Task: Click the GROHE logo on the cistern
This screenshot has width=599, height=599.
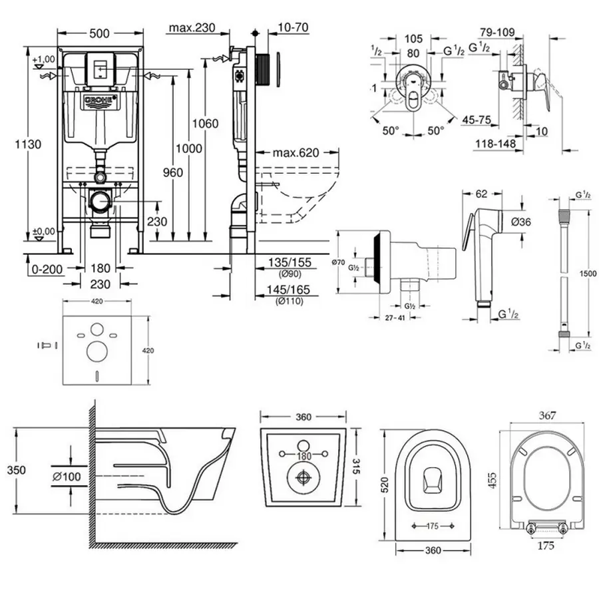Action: coord(99,102)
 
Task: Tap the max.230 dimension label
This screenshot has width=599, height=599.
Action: coord(192,28)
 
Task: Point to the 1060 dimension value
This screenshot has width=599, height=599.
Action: coord(205,123)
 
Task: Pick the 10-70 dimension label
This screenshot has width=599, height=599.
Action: coord(294,28)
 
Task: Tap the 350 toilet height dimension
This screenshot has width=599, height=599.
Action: coord(17,470)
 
